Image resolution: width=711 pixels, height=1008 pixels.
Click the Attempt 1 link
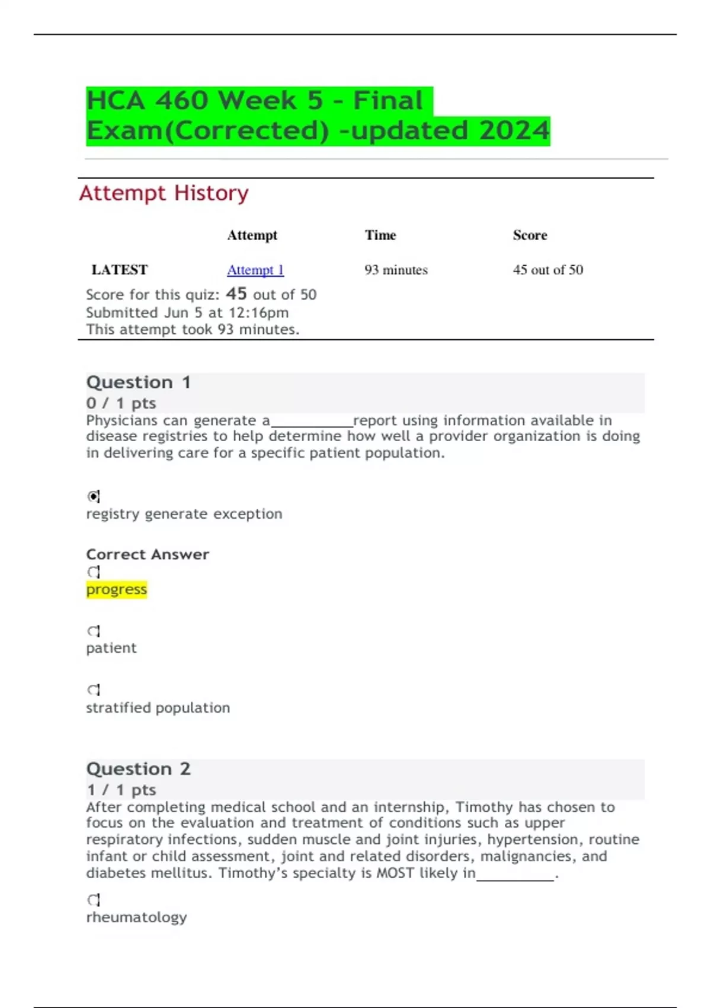point(255,270)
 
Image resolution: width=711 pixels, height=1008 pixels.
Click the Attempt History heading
point(164,193)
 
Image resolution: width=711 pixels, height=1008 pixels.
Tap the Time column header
point(380,235)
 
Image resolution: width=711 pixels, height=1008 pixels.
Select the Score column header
point(530,235)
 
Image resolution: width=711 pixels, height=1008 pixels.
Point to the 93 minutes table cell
point(396,270)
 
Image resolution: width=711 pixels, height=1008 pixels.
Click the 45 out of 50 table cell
point(547,270)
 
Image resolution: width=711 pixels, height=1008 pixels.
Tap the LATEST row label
point(119,270)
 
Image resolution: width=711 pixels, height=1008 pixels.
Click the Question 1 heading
point(138,382)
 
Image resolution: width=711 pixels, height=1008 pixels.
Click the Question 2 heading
point(138,769)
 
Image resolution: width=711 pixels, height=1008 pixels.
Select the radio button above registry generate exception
point(94,496)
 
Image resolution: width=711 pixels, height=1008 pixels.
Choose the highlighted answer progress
point(116,589)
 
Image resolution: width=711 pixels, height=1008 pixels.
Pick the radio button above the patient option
point(94,631)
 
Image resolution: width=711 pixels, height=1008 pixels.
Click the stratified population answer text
point(158,707)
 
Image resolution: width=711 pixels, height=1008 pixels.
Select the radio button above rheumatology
point(94,900)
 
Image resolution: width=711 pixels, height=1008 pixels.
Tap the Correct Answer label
point(148,554)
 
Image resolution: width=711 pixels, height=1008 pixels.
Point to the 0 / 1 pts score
point(121,403)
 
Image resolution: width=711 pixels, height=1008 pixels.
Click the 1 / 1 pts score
point(121,790)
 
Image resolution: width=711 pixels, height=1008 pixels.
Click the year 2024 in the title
point(514,130)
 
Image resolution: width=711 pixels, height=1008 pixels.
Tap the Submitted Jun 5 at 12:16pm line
point(187,312)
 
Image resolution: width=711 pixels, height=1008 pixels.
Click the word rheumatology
point(136,917)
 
